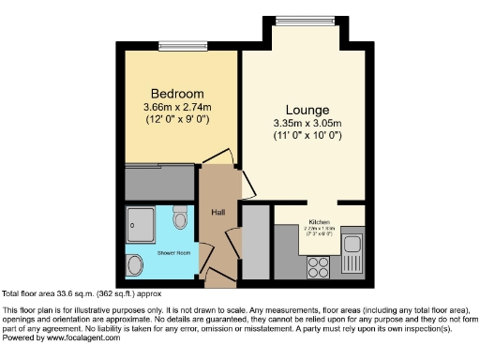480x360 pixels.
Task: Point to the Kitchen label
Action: (318, 222)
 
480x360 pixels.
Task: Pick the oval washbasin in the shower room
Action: (135, 262)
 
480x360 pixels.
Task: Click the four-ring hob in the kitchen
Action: (318, 265)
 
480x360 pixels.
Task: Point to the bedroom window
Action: (174, 43)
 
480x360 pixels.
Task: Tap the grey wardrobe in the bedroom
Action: (159, 182)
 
